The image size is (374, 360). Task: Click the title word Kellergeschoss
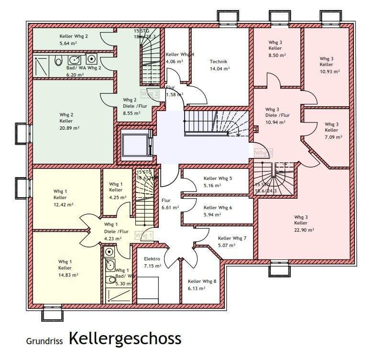[125, 339]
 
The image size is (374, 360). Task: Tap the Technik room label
[219, 62]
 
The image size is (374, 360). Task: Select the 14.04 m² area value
[220, 69]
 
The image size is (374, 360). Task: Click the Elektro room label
[152, 259]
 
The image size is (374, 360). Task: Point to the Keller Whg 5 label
[218, 179]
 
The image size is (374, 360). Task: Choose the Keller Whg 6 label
[218, 208]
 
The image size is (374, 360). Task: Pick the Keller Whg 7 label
[232, 238]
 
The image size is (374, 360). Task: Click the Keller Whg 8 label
[202, 281]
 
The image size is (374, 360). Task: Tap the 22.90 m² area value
[304, 230]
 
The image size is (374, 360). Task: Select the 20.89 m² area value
[69, 128]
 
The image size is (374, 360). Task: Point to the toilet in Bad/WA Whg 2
[58, 61]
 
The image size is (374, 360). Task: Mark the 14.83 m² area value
[68, 275]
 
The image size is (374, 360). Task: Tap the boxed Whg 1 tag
[144, 236]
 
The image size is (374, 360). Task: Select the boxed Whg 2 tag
[150, 94]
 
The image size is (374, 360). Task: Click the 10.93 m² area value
[330, 71]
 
